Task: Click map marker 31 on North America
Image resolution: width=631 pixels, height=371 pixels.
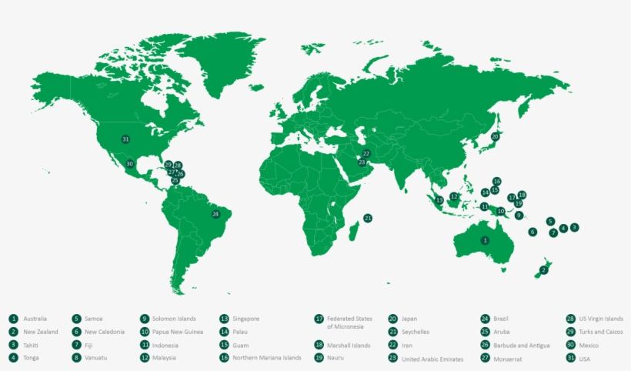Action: coord(125,139)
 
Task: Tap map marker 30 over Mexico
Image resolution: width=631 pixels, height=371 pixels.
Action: coord(130,164)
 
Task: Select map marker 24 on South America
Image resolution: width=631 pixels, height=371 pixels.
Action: coord(215,214)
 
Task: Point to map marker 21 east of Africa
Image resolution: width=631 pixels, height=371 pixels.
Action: coord(368,219)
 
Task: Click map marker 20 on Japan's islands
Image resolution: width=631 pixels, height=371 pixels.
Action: coord(495,136)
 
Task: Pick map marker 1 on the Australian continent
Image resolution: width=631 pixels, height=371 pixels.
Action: coord(485,241)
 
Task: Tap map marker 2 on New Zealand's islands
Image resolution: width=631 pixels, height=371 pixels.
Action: coord(543,270)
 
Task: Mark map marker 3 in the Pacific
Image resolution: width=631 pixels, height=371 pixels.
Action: coord(574,228)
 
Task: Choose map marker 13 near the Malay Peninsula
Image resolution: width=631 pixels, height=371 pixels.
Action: coord(439,200)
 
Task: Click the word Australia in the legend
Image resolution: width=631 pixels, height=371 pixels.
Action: coord(35,319)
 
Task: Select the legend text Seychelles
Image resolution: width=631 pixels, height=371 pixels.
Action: coord(416,332)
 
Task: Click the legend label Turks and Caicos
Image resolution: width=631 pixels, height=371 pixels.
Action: coord(601,332)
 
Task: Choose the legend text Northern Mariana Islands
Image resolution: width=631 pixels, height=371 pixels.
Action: coord(267,358)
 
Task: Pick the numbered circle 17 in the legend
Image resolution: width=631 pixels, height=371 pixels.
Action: coord(319,319)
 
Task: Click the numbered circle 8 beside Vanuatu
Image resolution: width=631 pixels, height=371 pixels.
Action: coord(77,358)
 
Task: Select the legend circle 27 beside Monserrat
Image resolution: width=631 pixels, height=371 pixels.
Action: coord(485,358)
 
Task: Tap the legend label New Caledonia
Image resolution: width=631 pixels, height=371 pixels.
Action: coord(106,332)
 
